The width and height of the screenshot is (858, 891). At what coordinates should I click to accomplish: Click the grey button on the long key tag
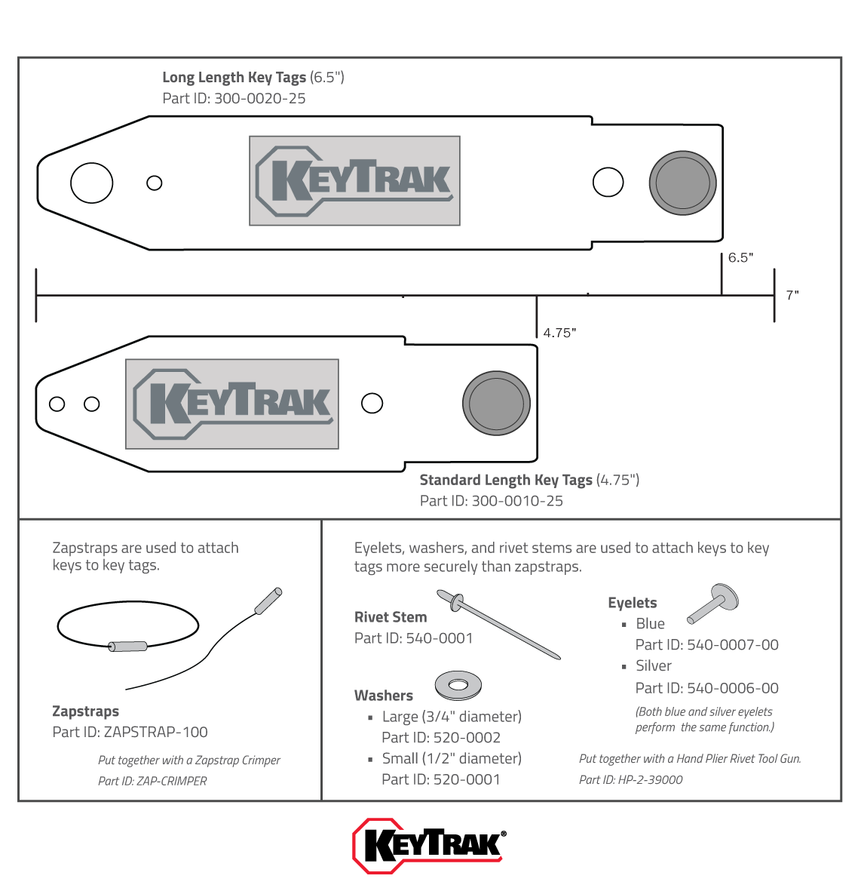(682, 183)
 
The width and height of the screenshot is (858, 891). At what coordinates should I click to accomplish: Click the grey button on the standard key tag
(496, 403)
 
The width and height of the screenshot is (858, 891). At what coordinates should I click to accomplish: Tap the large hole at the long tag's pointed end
(91, 183)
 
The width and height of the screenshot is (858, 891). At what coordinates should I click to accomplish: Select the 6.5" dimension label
(740, 258)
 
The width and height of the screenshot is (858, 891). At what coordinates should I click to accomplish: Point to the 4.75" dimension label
(559, 333)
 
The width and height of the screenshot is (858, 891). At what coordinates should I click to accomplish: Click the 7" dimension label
(792, 295)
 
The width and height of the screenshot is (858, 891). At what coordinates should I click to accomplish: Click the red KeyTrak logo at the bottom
(429, 845)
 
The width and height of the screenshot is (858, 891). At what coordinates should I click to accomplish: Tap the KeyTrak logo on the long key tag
(354, 181)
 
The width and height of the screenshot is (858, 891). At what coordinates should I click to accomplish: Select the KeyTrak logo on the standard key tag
(232, 404)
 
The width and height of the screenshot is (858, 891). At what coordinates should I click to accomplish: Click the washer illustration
(458, 685)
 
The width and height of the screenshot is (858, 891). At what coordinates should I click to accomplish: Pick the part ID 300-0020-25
(259, 99)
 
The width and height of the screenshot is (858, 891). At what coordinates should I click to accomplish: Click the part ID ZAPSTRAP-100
(155, 732)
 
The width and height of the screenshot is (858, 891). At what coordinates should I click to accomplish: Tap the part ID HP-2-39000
(650, 780)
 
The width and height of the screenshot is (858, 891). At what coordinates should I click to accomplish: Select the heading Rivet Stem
(391, 617)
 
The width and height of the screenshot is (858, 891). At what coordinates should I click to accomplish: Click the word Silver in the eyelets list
(654, 666)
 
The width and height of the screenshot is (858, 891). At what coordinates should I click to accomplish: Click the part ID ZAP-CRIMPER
(172, 782)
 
